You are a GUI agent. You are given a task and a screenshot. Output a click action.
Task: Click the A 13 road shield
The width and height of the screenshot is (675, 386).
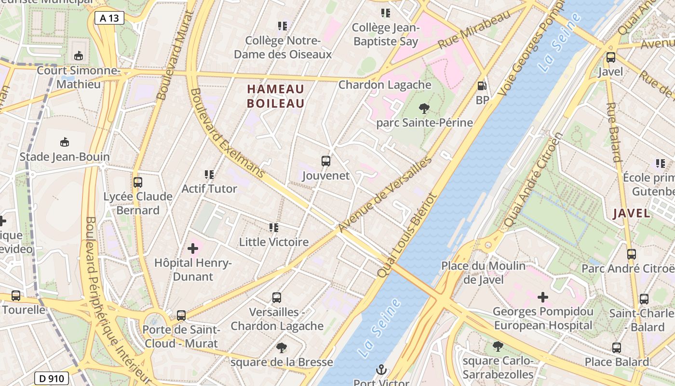(109, 18)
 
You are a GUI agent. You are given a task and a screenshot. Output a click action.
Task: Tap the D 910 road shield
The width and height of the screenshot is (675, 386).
(51, 378)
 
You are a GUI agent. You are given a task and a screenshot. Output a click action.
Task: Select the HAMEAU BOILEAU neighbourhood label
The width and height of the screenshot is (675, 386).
(276, 96)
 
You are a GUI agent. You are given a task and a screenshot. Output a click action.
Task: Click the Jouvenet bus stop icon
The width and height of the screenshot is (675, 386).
(326, 161)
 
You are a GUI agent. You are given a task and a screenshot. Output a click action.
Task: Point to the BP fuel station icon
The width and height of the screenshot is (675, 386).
(482, 86)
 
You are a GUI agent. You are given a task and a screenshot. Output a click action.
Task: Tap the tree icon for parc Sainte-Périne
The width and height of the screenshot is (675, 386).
(424, 108)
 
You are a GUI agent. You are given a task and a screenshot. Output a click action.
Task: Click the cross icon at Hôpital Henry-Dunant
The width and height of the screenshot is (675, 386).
(193, 249)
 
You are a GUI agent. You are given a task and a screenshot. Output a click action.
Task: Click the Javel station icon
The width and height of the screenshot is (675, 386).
(611, 57)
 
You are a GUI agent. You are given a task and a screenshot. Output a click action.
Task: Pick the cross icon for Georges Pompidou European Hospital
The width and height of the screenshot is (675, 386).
(543, 297)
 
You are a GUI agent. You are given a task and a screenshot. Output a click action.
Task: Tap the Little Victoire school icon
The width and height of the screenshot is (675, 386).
(274, 227)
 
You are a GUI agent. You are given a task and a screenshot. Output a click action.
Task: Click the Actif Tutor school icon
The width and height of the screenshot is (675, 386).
(209, 175)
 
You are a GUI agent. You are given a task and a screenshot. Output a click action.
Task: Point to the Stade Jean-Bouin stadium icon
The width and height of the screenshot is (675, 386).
(65, 142)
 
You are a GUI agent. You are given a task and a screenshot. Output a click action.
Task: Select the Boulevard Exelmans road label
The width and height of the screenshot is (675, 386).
(227, 133)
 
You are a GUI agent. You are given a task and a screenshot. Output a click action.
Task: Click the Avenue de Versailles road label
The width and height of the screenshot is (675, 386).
(384, 194)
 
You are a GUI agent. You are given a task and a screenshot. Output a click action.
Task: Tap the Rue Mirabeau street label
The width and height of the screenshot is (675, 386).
(474, 30)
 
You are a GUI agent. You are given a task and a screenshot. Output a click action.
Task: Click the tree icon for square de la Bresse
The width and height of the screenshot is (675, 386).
(282, 347)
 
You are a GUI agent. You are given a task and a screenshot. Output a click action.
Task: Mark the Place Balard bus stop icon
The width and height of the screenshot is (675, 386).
(617, 347)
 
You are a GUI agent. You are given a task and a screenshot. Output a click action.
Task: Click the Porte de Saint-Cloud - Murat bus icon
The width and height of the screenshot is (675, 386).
(181, 316)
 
